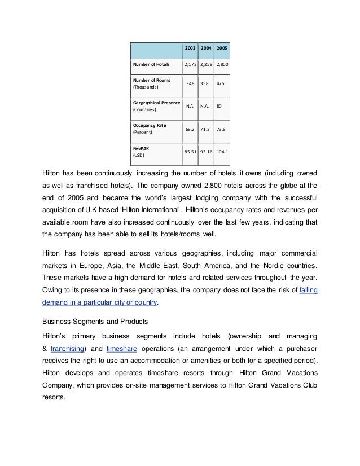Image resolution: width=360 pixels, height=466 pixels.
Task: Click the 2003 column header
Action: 190,49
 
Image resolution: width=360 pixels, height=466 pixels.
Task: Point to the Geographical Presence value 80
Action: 222,105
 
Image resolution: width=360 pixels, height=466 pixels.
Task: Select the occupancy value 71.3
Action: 206,129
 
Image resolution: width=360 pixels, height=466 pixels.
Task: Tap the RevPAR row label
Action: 140,147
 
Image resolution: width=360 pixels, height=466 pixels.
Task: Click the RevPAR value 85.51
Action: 190,151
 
